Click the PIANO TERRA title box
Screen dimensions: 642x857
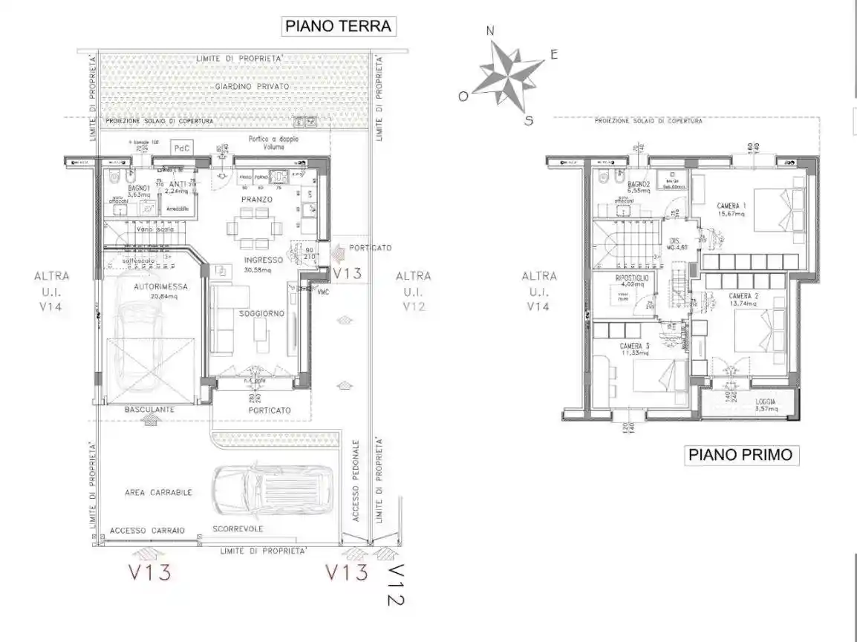(338, 26)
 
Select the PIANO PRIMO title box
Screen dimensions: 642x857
(741, 454)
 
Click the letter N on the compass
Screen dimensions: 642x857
(489, 30)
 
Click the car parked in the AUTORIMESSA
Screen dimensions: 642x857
(141, 349)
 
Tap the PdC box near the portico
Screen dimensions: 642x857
(181, 148)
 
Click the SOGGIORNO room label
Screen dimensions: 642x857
(261, 314)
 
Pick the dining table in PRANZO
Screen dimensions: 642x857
(255, 228)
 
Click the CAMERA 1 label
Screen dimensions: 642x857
(731, 206)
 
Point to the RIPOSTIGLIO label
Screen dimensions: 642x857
(632, 278)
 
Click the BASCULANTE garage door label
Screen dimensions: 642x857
(149, 409)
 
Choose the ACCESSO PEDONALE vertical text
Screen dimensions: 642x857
(356, 480)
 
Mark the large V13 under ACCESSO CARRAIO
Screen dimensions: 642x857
(150, 573)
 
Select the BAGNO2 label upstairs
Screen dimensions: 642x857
(638, 183)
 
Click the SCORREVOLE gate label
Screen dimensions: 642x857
(237, 529)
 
